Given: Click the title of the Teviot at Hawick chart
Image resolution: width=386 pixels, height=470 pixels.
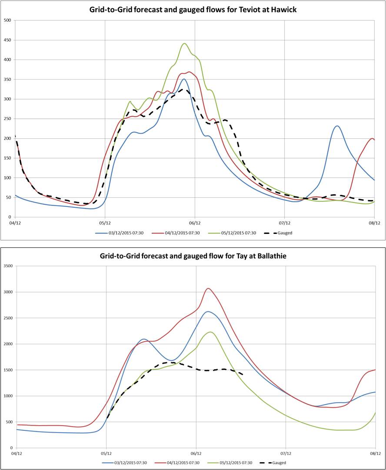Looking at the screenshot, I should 193,9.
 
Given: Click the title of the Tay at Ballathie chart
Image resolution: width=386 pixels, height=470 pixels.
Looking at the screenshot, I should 193,256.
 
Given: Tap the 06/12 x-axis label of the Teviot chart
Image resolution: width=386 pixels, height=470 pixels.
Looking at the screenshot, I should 195,223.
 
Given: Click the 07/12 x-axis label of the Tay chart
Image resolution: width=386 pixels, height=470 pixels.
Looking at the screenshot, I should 286,453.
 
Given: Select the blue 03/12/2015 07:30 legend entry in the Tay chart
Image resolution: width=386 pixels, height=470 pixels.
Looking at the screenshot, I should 125,463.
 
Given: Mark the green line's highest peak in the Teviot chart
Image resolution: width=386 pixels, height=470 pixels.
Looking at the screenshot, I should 184,43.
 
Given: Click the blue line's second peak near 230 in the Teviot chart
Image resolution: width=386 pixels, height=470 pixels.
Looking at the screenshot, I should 337,126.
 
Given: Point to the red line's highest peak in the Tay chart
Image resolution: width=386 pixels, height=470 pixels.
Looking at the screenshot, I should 209,288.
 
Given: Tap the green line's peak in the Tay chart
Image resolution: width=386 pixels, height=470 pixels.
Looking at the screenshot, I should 210,332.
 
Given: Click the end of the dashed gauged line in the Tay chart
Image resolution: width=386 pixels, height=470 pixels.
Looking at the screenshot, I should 242,374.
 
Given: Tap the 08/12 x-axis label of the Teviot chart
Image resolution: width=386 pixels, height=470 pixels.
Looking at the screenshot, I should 375,223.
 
